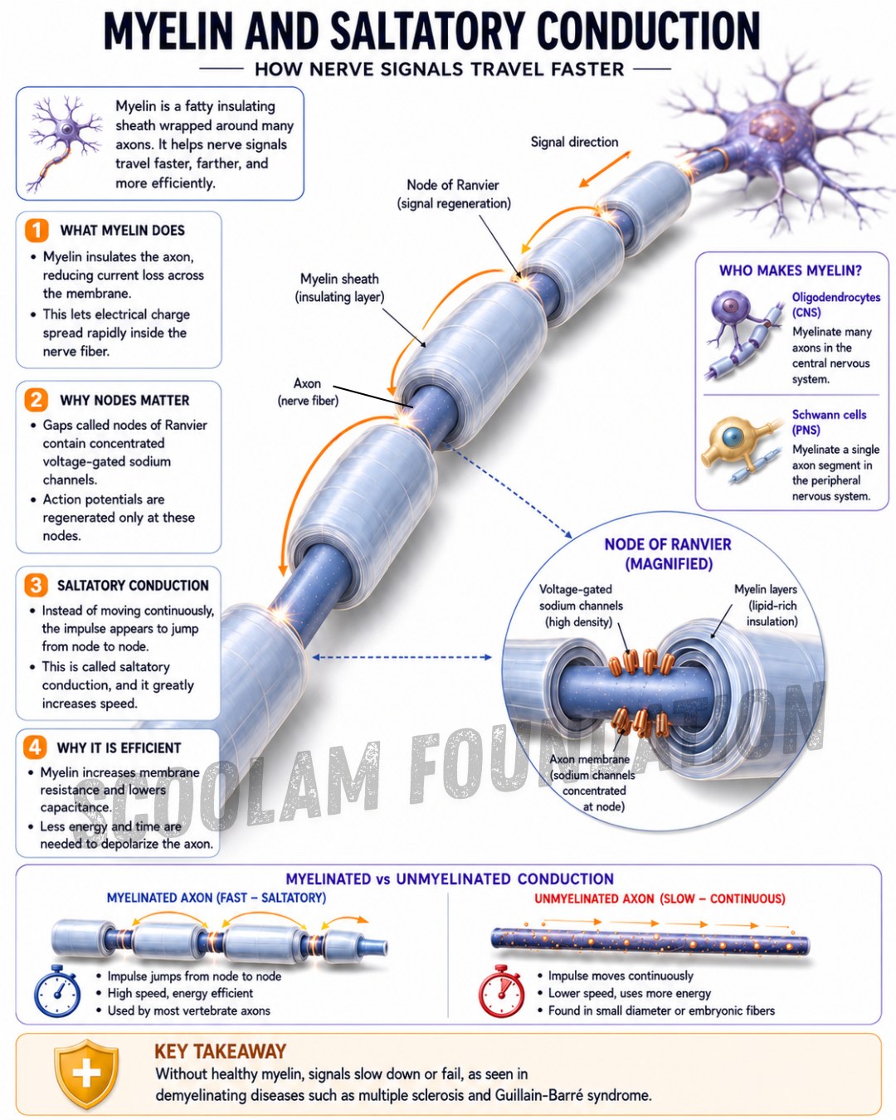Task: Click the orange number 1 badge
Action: click(x=37, y=230)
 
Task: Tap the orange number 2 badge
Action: click(x=37, y=400)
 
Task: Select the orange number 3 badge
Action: click(x=36, y=585)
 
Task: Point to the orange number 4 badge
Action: click(x=35, y=747)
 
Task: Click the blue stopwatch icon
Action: click(x=57, y=991)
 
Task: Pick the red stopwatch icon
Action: click(x=501, y=991)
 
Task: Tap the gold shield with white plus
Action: click(x=87, y=1074)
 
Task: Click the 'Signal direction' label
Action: click(x=574, y=142)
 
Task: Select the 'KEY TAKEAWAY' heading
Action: click(x=220, y=1051)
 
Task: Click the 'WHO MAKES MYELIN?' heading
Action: click(x=791, y=270)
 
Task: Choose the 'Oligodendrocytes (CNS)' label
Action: click(x=836, y=304)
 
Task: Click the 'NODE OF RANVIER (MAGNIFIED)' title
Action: click(x=668, y=553)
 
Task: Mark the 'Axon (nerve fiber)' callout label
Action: click(x=308, y=392)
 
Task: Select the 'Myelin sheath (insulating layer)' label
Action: click(x=339, y=288)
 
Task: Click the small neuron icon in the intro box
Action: click(x=66, y=143)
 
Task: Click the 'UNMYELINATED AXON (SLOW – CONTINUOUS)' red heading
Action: click(x=660, y=898)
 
